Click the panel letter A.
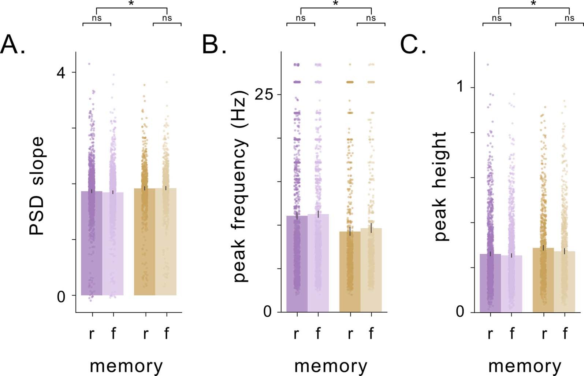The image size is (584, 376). pyautogui.click(x=12, y=45)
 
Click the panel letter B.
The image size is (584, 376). pyautogui.click(x=214, y=45)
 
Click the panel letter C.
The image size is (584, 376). pyautogui.click(x=413, y=45)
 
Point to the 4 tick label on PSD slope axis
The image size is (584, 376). pyautogui.click(x=61, y=73)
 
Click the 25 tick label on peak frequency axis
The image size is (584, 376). pyautogui.click(x=264, y=95)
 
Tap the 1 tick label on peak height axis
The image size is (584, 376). pyautogui.click(x=460, y=87)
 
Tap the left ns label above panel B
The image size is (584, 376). pyautogui.click(x=301, y=18)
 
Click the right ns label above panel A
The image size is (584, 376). pyautogui.click(x=167, y=18)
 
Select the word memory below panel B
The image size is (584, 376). pyautogui.click(x=331, y=365)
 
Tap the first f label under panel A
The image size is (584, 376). pyautogui.click(x=113, y=333)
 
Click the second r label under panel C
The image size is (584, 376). pyautogui.click(x=544, y=334)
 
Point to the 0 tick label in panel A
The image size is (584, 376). pyautogui.click(x=61, y=296)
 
